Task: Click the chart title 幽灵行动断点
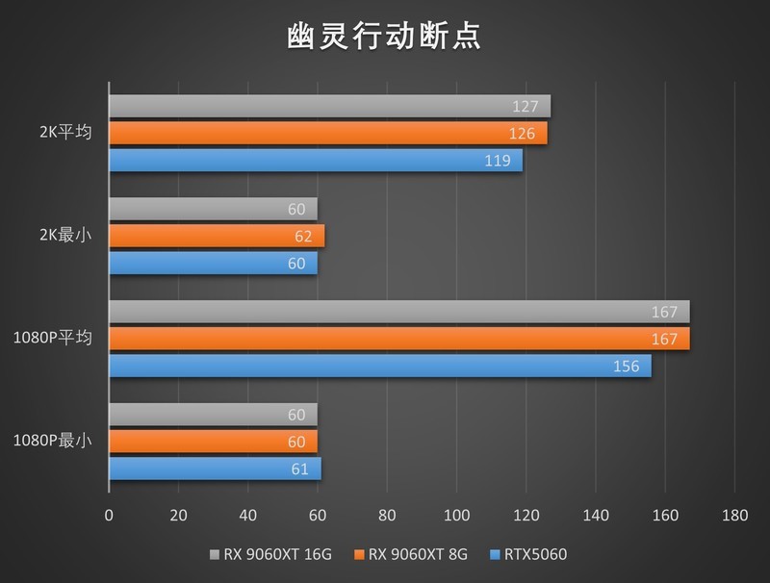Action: (x=384, y=36)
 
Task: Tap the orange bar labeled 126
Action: (x=327, y=133)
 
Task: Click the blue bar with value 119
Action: (x=315, y=161)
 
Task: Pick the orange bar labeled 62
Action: (x=217, y=236)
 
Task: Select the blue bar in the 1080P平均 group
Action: (x=379, y=367)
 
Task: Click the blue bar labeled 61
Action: (x=215, y=469)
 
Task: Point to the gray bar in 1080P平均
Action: (x=398, y=312)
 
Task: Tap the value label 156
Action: (x=626, y=367)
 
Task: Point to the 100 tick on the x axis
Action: (x=456, y=515)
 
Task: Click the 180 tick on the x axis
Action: (x=734, y=515)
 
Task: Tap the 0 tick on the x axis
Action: (x=109, y=515)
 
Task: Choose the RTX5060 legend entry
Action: (x=531, y=554)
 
